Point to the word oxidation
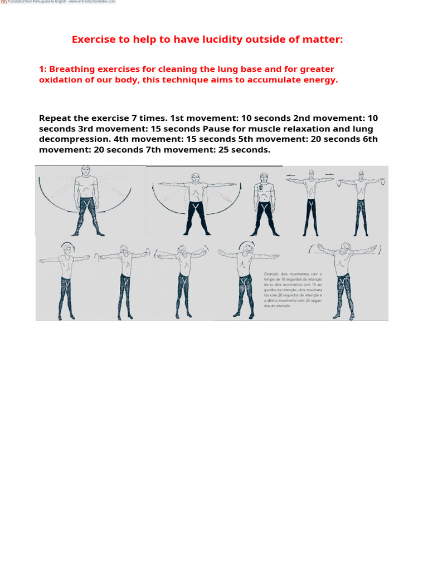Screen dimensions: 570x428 61,80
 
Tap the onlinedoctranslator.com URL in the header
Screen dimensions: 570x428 92,2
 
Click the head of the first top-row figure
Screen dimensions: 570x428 85,170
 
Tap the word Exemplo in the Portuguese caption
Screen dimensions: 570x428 273,274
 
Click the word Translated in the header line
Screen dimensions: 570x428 17,2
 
